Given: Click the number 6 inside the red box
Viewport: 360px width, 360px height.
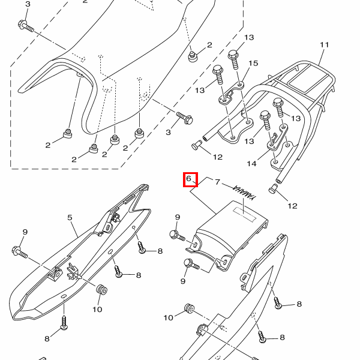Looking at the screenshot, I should point(189,179).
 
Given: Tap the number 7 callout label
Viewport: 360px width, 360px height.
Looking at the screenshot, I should point(218,182).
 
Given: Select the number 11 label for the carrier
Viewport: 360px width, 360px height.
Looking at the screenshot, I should point(325,46).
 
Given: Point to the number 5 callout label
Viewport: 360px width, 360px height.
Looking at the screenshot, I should point(70,218).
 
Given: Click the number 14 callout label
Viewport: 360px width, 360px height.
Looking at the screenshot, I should point(251,163).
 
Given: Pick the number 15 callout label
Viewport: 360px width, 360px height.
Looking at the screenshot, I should point(253,64).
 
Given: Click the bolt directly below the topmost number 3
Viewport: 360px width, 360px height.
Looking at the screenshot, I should point(26,26).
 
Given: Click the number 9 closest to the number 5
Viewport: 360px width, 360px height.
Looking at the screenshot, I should point(25,232).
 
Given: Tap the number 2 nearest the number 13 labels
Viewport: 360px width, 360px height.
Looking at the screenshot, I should point(209,45).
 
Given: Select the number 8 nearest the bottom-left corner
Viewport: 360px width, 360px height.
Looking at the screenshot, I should point(47,339).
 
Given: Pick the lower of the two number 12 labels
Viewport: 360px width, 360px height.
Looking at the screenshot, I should point(292,206).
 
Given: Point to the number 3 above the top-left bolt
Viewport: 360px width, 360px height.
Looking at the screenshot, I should point(28,5).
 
